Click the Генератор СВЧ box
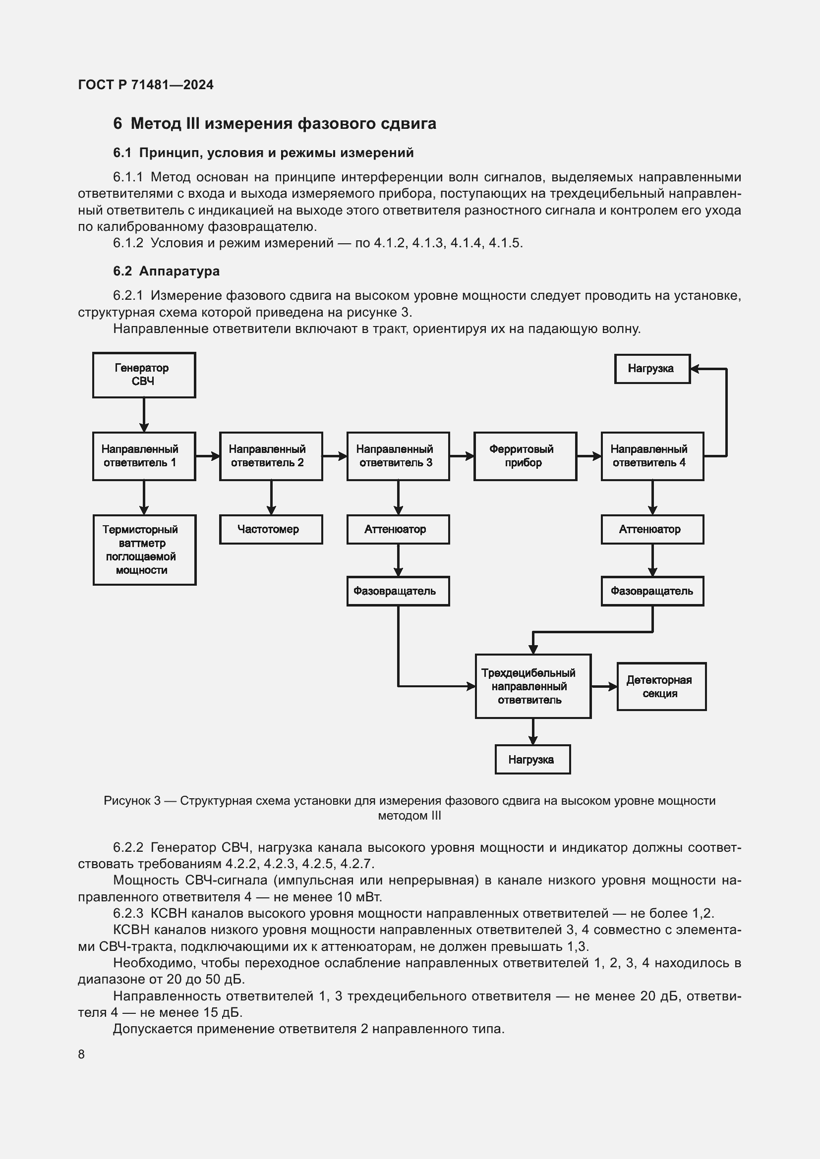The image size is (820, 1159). point(144,375)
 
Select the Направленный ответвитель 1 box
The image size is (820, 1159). point(144,456)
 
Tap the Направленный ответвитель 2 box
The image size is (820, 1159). point(271,456)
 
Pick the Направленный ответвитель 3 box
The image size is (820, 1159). point(398,456)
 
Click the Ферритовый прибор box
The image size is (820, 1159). point(525,456)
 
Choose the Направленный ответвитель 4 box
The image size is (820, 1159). point(652,456)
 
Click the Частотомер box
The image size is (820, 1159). point(271,529)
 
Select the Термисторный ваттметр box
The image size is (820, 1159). point(144,550)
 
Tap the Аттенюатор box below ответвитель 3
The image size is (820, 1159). point(398,529)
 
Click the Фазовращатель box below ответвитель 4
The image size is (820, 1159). point(652,591)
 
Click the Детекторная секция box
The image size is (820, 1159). point(661,686)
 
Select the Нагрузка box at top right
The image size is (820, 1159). point(652,369)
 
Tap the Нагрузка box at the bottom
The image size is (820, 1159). point(532,759)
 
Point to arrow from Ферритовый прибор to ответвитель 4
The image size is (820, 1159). point(589,456)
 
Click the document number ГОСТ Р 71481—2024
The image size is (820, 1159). point(146,85)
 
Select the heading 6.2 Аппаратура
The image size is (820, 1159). point(166,271)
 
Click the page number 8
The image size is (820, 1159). point(81,1054)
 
